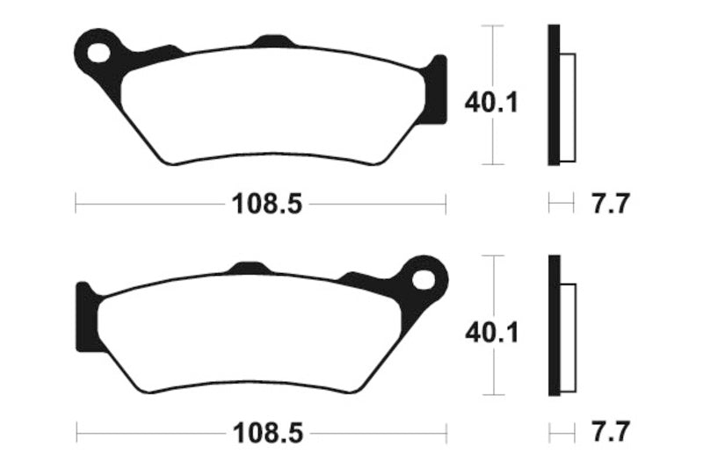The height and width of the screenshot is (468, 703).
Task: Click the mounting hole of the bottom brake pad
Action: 425,280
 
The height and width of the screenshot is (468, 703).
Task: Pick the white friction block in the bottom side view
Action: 567,337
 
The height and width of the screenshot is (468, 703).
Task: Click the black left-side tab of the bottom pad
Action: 86,318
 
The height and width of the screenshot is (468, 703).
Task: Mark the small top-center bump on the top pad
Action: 272,40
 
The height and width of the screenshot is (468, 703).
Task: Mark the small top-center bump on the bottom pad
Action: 249,268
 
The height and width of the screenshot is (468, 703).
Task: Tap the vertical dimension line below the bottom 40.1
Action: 496,373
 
